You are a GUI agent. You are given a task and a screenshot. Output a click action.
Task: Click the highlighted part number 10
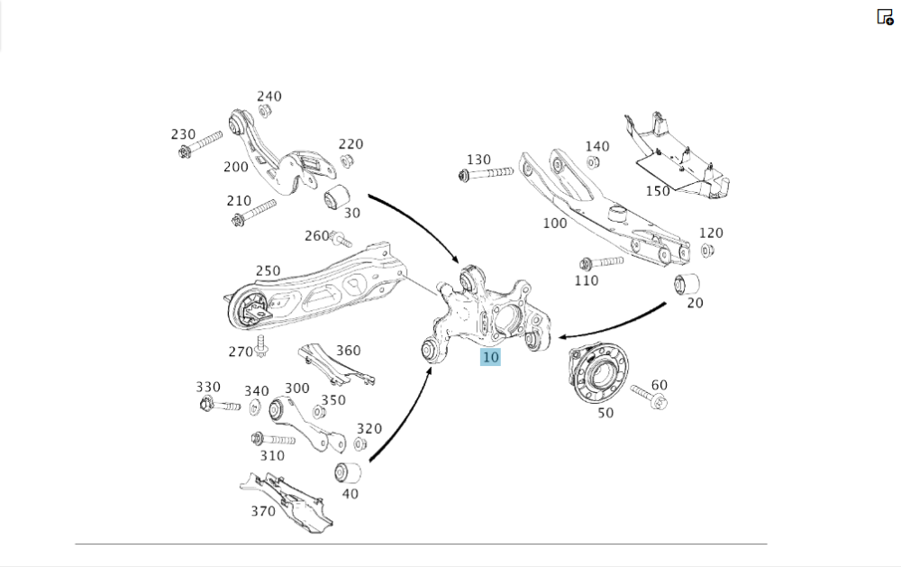coord(490,357)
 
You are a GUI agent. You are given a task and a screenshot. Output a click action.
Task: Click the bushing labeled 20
coord(687,283)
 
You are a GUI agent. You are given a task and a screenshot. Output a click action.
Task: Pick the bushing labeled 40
coord(348,471)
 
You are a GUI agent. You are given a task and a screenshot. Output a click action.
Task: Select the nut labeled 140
coord(594,162)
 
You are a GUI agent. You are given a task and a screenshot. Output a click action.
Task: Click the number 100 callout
coord(555,222)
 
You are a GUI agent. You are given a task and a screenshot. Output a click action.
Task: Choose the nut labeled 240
coord(265,111)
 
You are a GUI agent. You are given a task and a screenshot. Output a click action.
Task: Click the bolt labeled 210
coord(251,214)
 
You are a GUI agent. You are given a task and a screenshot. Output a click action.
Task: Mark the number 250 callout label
coord(268,270)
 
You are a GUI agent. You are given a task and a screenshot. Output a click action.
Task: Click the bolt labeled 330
coord(218,404)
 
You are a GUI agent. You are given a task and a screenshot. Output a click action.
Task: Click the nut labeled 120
coord(707,250)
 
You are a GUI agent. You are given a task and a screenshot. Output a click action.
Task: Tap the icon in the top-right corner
coord(885,16)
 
